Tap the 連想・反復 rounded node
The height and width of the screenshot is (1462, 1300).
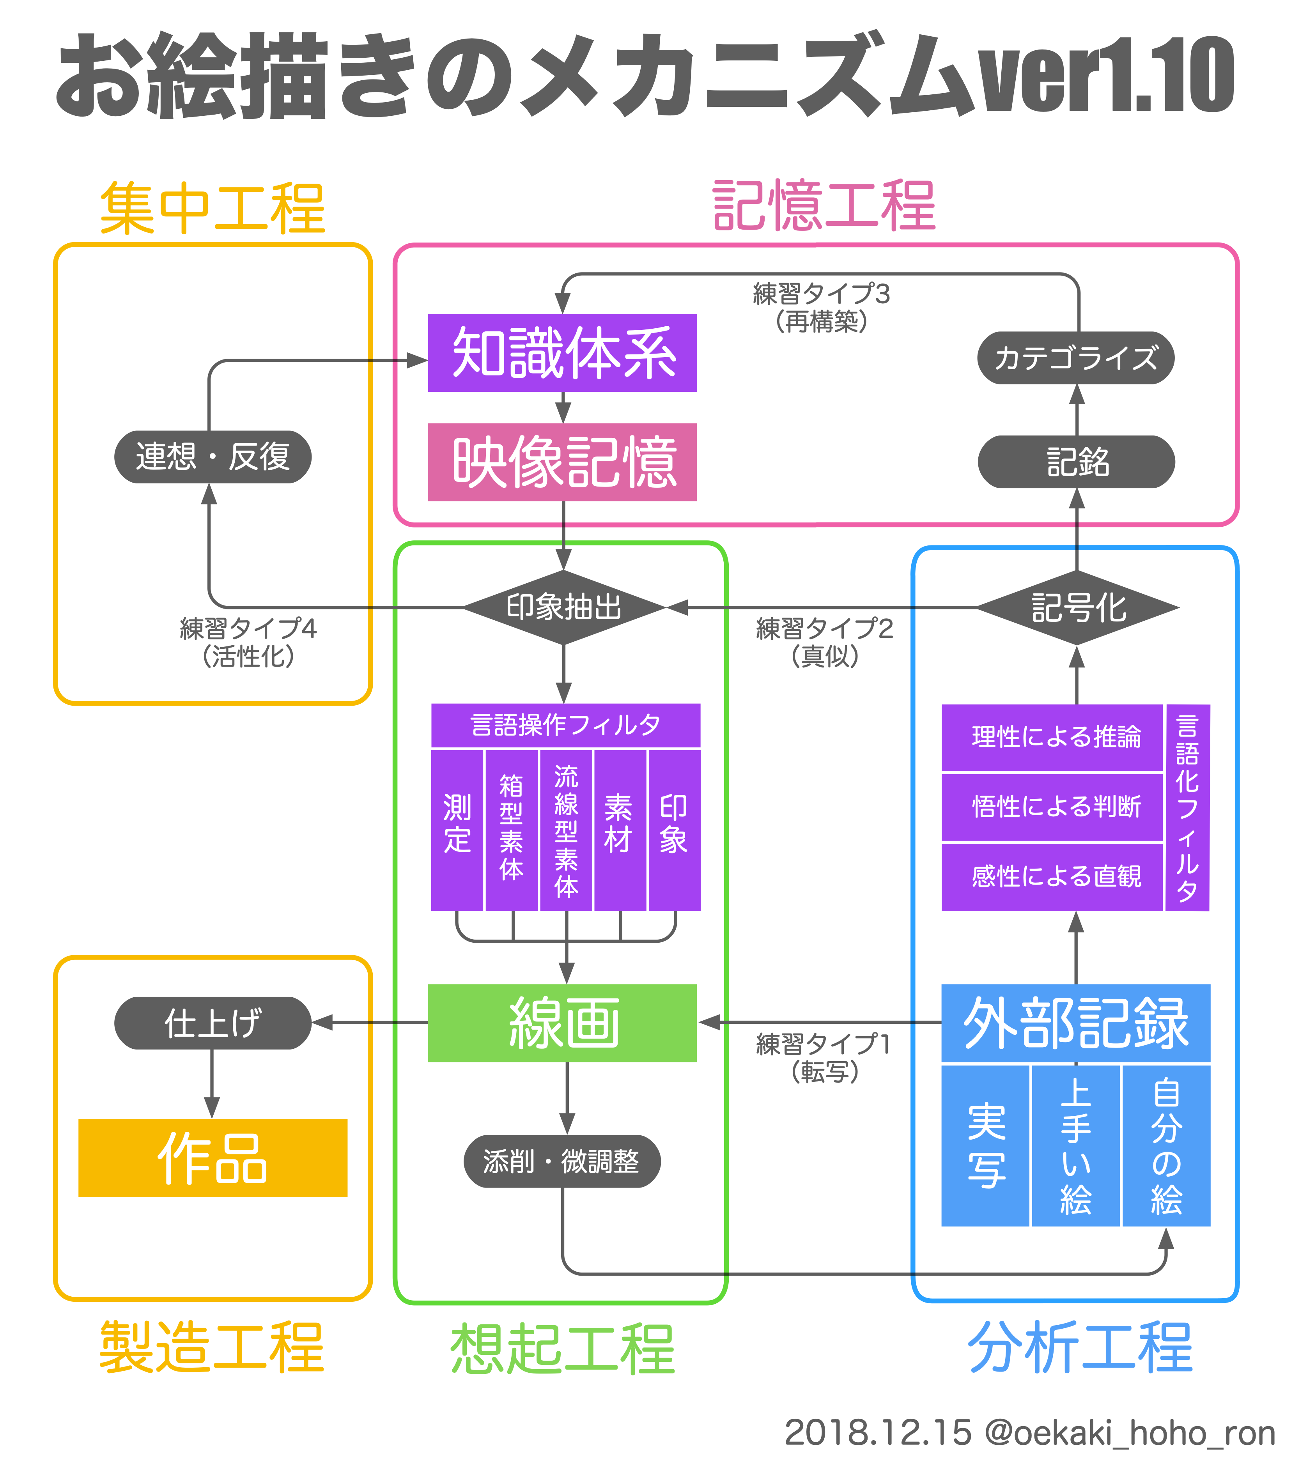click(213, 456)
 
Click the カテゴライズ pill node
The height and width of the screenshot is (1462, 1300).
click(1075, 358)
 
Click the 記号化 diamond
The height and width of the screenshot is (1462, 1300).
click(1077, 608)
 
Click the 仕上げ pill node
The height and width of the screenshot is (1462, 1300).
click(213, 1023)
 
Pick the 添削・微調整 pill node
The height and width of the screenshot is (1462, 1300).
click(561, 1161)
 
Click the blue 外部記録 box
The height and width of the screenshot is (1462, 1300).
click(1075, 1023)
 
